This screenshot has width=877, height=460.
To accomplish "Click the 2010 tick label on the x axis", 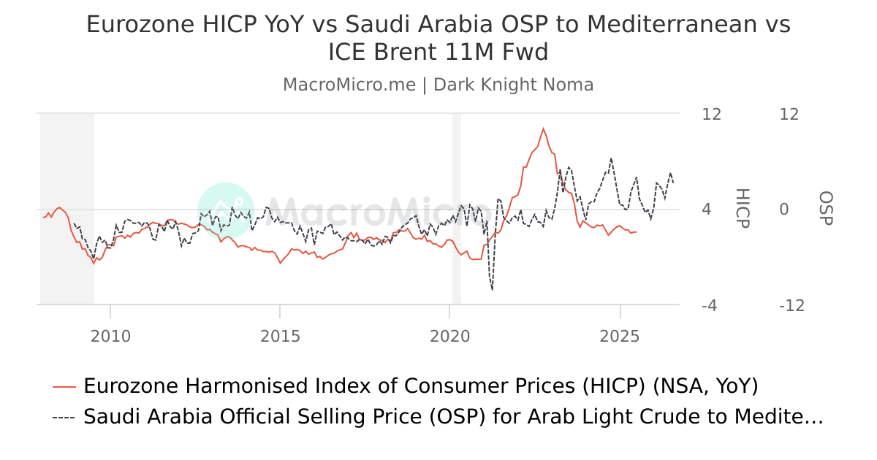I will [x=110, y=337].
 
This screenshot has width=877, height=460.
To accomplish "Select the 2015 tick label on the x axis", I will [x=280, y=337].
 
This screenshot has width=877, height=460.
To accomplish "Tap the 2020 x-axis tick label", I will [x=449, y=337].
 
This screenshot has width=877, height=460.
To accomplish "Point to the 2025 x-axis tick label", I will [x=620, y=337].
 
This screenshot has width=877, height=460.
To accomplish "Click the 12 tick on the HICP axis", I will [x=711, y=115].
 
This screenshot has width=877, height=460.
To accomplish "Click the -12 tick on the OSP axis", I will [x=791, y=306].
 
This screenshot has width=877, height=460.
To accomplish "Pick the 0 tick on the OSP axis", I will [x=784, y=210].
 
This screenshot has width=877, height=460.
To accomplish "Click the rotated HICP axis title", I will [x=743, y=209].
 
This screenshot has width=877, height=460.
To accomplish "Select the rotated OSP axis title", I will [x=826, y=209].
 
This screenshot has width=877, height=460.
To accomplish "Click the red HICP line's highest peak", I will [x=543, y=129].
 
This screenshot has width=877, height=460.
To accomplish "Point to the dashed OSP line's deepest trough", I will [x=492, y=290].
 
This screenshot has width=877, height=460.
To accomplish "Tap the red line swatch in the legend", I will [x=64, y=386].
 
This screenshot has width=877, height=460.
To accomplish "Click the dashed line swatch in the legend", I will [x=64, y=417].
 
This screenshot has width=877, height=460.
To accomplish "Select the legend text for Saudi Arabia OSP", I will [x=453, y=417].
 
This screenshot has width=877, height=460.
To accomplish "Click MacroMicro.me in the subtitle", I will [x=349, y=85].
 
